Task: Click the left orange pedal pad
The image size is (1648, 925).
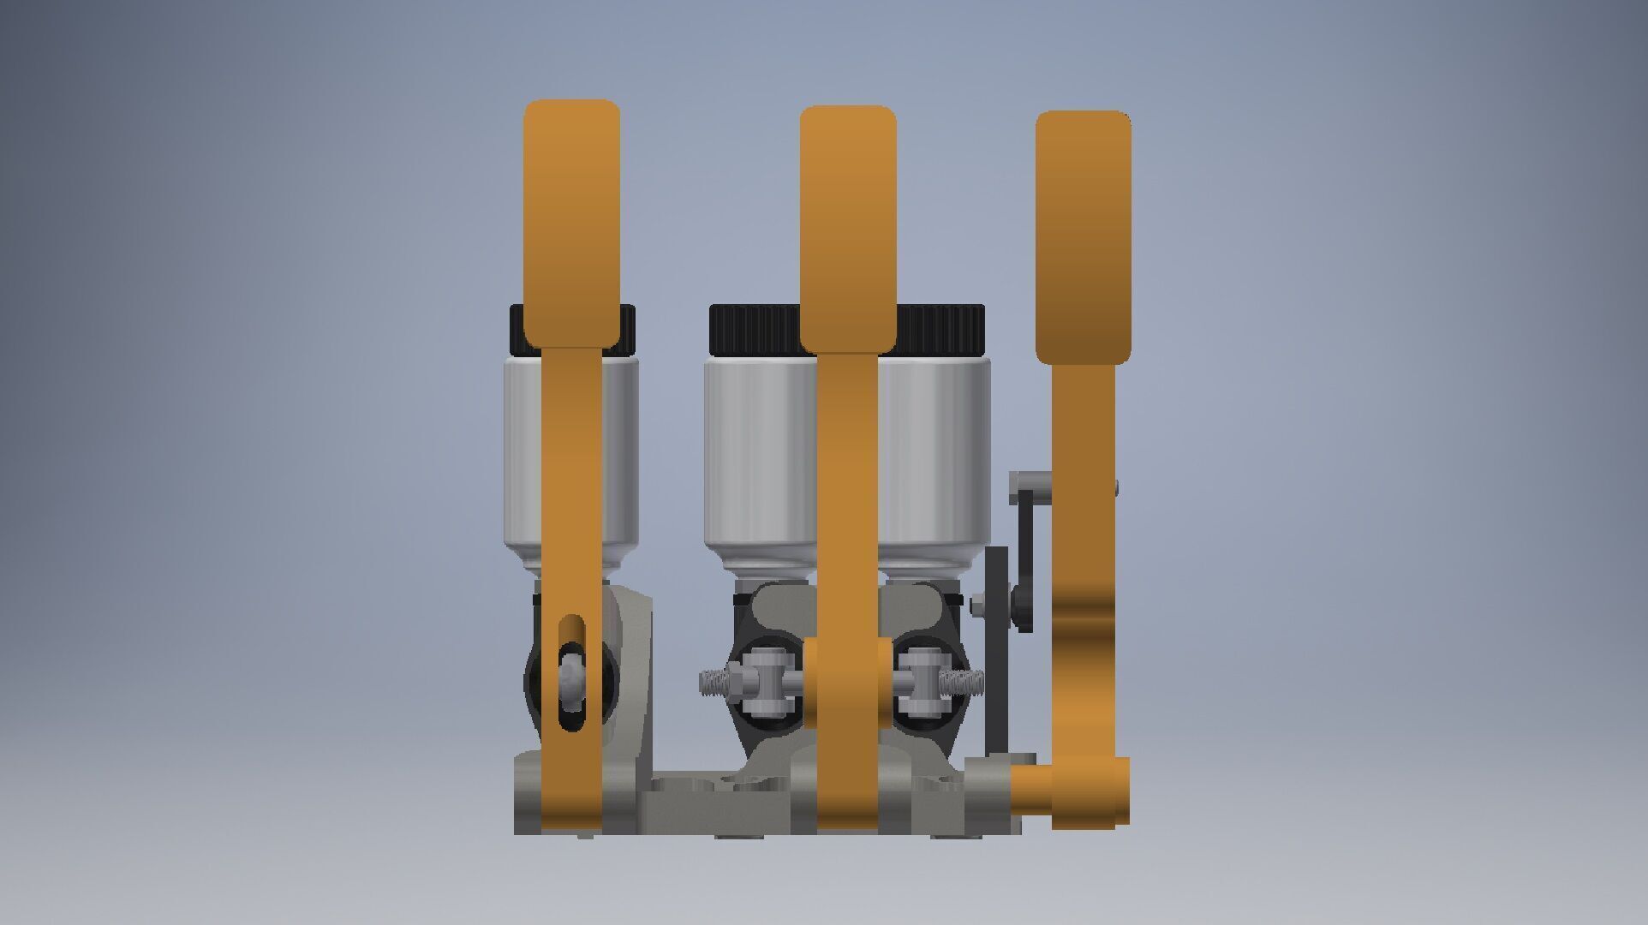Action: tap(571, 223)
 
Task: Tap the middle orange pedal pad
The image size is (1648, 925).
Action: tap(848, 227)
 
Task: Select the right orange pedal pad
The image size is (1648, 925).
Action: tap(1083, 236)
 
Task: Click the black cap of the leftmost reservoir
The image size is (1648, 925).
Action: tap(517, 330)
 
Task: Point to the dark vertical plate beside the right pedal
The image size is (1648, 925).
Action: tap(996, 651)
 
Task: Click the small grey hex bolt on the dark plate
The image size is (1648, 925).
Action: tap(977, 606)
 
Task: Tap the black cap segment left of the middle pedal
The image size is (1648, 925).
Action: tap(754, 330)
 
